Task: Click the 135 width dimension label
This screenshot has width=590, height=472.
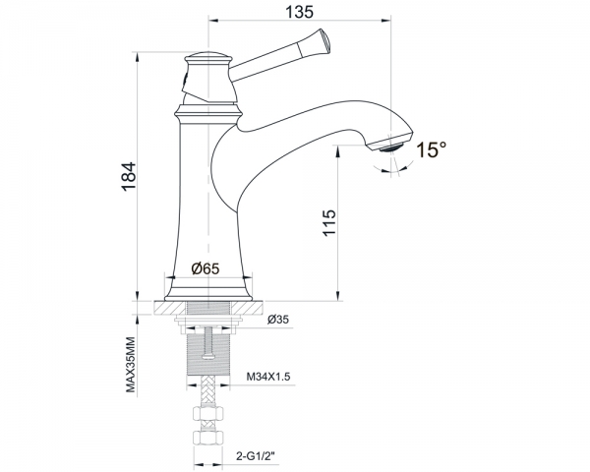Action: pyautogui.click(x=300, y=12)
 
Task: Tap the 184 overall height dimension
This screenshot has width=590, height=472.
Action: pyautogui.click(x=128, y=177)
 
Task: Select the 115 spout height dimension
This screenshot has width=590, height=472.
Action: pyautogui.click(x=328, y=223)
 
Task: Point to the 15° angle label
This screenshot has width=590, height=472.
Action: pyautogui.click(x=432, y=149)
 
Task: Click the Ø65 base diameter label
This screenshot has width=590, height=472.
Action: pyautogui.click(x=206, y=268)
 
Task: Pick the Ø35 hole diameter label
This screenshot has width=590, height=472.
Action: pyautogui.click(x=278, y=320)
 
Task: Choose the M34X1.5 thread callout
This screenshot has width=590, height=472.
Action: pyautogui.click(x=268, y=377)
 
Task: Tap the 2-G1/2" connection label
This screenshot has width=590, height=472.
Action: pyautogui.click(x=256, y=456)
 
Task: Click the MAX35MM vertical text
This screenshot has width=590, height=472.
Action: pyautogui.click(x=130, y=365)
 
